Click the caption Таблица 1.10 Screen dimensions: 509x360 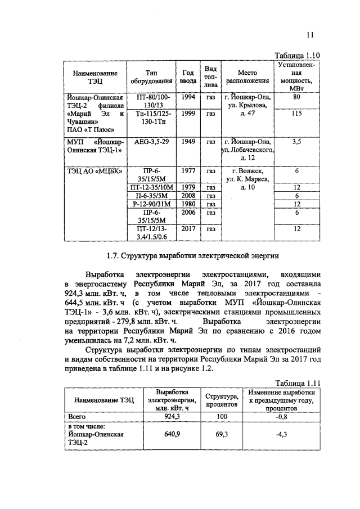tap(296, 55)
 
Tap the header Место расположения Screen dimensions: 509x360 tap(247, 77)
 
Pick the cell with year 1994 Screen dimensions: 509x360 tap(189, 98)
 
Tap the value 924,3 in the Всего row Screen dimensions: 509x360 tap(171, 417)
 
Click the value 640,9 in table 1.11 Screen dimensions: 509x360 tap(171, 434)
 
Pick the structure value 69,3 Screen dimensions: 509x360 tap(221, 434)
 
